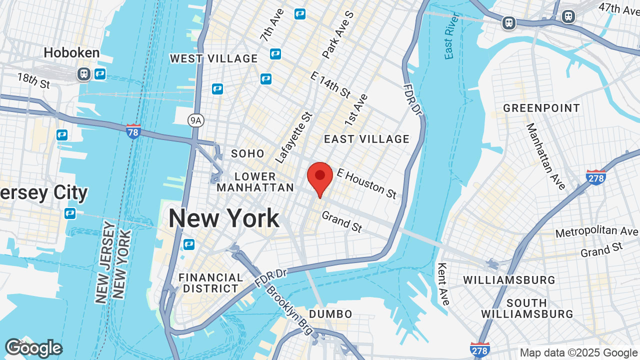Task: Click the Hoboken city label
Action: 71,52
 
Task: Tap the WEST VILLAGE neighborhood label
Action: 213,58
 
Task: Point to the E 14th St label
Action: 330,84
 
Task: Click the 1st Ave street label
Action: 356,109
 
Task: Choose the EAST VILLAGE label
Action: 366,139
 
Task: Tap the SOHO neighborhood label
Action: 247,153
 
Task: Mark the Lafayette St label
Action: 294,137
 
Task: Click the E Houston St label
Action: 366,182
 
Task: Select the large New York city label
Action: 223,218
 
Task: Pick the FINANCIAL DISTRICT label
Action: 210,283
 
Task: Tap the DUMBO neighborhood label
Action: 330,314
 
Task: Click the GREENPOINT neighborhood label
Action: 541,108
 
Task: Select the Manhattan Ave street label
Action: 545,156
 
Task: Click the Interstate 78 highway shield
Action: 133,131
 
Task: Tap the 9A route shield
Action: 196,120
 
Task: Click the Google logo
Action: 33,348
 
